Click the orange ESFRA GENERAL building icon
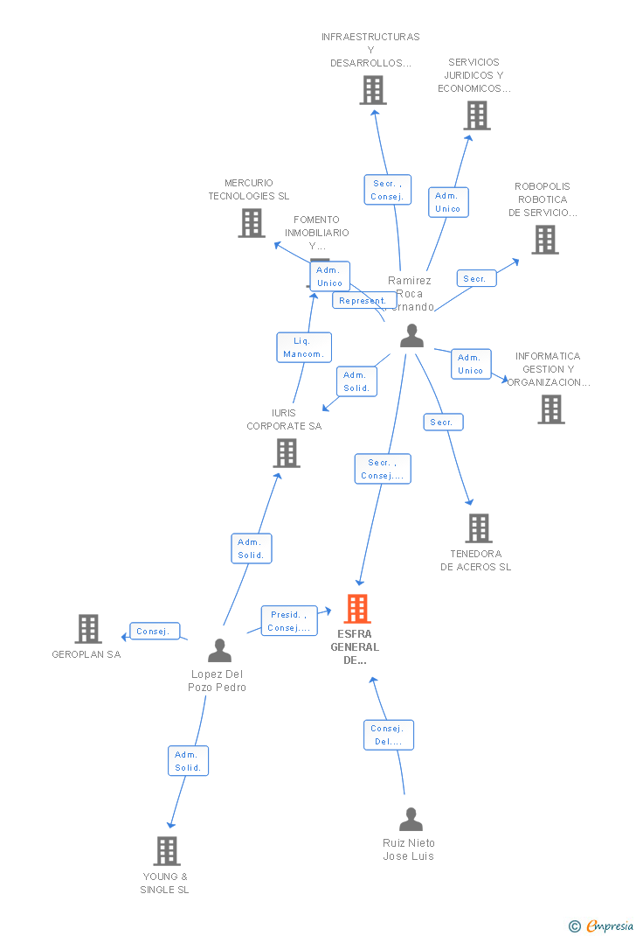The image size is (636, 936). [357, 609]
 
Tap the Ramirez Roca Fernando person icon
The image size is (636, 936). [411, 336]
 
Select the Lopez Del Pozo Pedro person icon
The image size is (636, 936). [220, 650]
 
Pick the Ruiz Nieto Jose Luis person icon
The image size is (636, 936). [411, 820]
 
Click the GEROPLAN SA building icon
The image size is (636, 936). [88, 629]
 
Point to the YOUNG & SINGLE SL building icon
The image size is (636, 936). [166, 851]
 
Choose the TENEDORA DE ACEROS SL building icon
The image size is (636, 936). [478, 528]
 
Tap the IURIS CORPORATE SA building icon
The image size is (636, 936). [287, 453]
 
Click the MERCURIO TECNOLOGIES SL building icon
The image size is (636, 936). [252, 223]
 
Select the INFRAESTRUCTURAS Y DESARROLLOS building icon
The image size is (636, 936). [373, 90]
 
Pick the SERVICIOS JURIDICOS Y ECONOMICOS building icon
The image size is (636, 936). [477, 115]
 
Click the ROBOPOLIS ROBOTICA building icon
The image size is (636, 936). [545, 240]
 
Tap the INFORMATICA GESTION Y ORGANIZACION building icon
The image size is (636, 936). [551, 409]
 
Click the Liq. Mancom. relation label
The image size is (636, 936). [303, 347]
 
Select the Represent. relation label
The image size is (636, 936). [362, 300]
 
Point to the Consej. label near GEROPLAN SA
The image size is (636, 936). [156, 631]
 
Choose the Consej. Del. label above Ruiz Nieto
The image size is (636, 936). [388, 735]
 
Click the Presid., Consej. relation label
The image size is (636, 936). [287, 621]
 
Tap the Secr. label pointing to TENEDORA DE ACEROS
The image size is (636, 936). [443, 423]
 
